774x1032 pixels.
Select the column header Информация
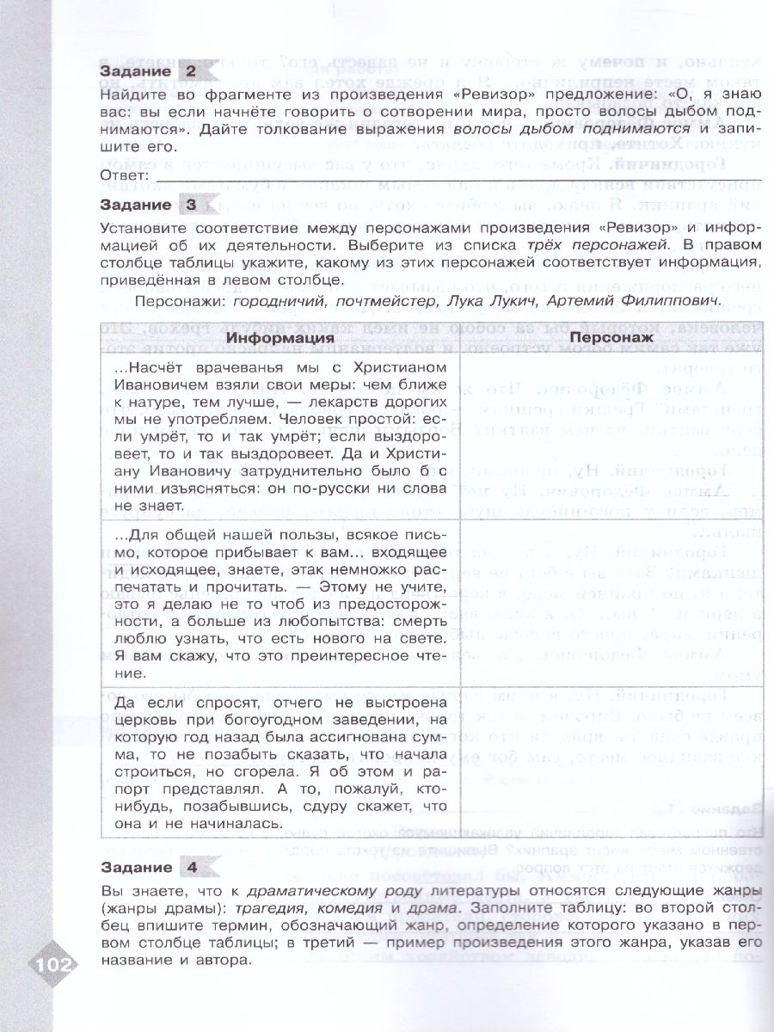pyautogui.click(x=280, y=338)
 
